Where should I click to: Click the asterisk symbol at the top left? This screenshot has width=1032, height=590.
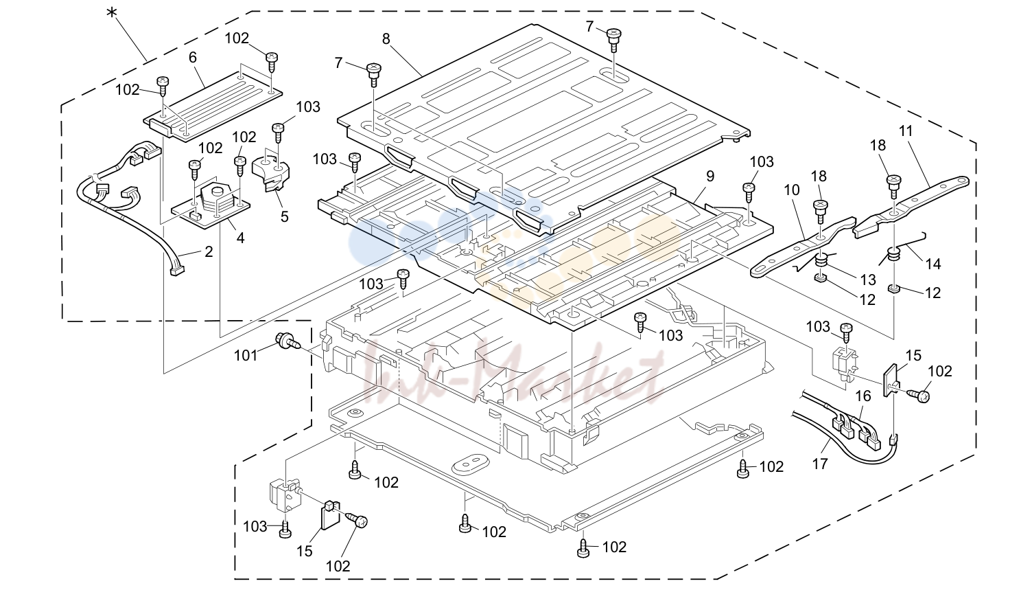pyautogui.click(x=111, y=13)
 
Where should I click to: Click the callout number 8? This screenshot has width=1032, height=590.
pyautogui.click(x=386, y=40)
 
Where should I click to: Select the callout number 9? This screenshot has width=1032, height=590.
pyautogui.click(x=710, y=177)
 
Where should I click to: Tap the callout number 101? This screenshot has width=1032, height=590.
pyautogui.click(x=246, y=356)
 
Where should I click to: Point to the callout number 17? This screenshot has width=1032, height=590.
pyautogui.click(x=820, y=463)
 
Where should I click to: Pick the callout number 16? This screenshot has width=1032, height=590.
pyautogui.click(x=863, y=396)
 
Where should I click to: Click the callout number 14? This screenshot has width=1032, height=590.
pyautogui.click(x=933, y=264)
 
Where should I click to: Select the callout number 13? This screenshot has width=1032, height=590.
pyautogui.click(x=867, y=280)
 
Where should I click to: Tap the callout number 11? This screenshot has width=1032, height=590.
pyautogui.click(x=905, y=131)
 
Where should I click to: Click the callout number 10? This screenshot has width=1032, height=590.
pyautogui.click(x=792, y=190)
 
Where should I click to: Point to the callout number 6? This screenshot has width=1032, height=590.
pyautogui.click(x=193, y=58)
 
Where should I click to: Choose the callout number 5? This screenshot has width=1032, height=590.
pyautogui.click(x=285, y=216)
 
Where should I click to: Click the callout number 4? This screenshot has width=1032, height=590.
pyautogui.click(x=240, y=238)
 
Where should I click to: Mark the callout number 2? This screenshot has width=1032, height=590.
pyautogui.click(x=209, y=252)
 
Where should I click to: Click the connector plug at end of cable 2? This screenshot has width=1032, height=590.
pyautogui.click(x=176, y=272)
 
